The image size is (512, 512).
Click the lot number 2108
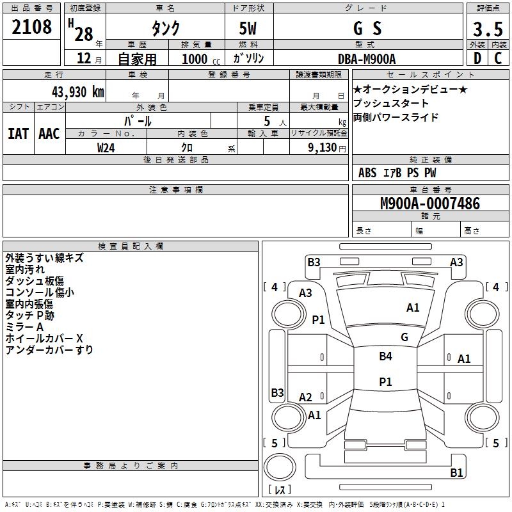(31, 27)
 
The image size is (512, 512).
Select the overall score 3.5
(488, 29)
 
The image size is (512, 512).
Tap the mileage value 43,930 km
(77, 92)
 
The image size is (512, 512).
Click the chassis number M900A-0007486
(430, 204)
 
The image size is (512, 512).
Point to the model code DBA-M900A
(367, 59)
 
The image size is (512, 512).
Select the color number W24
(106, 148)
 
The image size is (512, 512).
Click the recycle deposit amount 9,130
(323, 148)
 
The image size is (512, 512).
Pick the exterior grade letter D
(477, 58)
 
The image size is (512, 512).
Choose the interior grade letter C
(498, 58)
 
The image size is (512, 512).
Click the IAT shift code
(19, 134)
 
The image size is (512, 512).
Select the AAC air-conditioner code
(49, 134)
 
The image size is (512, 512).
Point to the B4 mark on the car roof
(385, 356)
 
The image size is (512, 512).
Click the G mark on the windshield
(404, 337)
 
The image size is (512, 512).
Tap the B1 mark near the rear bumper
(456, 472)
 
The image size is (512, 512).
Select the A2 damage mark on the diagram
(305, 397)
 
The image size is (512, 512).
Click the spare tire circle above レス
(280, 467)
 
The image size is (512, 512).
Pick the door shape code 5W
(248, 28)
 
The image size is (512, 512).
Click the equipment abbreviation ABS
(367, 173)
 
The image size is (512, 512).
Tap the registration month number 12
(84, 58)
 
